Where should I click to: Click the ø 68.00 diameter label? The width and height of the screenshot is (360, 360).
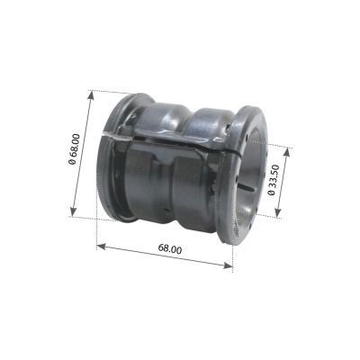tap(75, 149)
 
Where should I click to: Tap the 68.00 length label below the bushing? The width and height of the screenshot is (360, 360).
tap(170, 249)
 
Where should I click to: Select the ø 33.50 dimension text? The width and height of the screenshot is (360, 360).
tap(273, 180)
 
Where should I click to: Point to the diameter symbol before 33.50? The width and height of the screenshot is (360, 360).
tap(272, 192)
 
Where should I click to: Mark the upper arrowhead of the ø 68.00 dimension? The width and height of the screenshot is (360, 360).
tap(91, 95)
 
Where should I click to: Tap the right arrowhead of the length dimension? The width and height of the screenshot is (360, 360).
tap(228, 265)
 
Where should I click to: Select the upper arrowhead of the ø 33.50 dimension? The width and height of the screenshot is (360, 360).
tap(286, 153)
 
